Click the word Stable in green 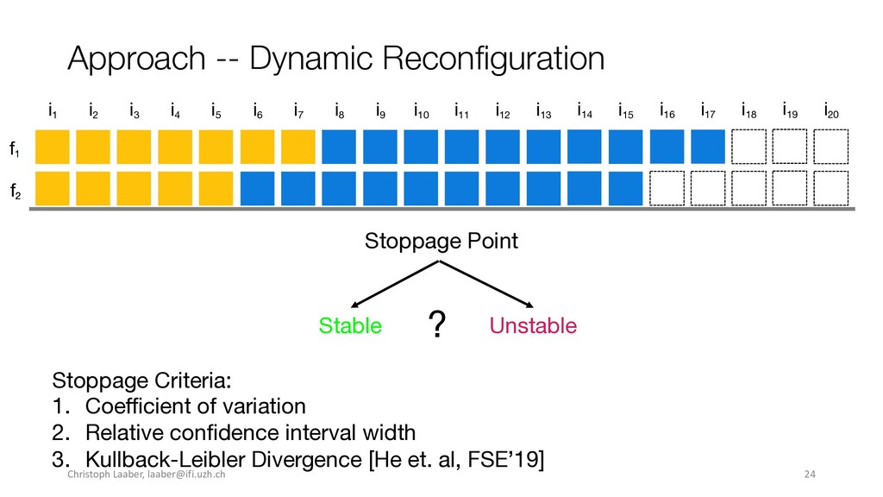(350, 325)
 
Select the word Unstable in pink (533, 325)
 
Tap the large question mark (437, 324)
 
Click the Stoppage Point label (441, 242)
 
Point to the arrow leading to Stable (394, 284)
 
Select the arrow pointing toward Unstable (486, 284)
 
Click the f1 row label (15, 148)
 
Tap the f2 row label (16, 192)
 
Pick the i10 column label (421, 111)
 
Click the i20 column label (831, 111)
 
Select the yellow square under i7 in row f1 (297, 147)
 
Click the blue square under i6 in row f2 (257, 188)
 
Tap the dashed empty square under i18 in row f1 (749, 147)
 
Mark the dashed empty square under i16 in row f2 (667, 188)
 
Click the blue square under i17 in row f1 (708, 147)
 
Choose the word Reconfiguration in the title (493, 59)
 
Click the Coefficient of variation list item (196, 406)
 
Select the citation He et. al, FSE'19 (457, 459)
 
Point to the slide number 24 (810, 474)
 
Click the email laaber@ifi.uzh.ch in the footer (186, 474)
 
